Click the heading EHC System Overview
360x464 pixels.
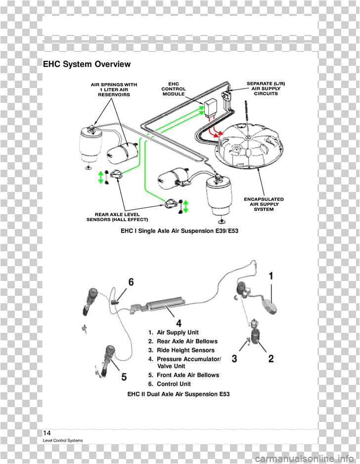coord(87,64)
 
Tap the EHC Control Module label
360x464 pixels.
coord(173,89)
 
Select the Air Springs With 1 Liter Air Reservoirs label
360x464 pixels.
coord(114,89)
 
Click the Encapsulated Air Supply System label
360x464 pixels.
coord(264,204)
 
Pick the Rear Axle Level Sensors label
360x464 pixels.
coord(117,217)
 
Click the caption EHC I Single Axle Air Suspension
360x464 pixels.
coord(180,231)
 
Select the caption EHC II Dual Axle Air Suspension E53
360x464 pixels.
coord(179,394)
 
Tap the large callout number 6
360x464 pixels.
coord(131,282)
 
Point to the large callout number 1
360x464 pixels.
coord(271,276)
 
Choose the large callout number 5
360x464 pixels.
coord(124,377)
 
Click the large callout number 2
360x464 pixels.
coord(271,359)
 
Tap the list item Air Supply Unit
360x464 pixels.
coord(178,332)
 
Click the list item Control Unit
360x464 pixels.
coord(174,384)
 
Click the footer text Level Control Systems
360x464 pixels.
coord(63,440)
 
